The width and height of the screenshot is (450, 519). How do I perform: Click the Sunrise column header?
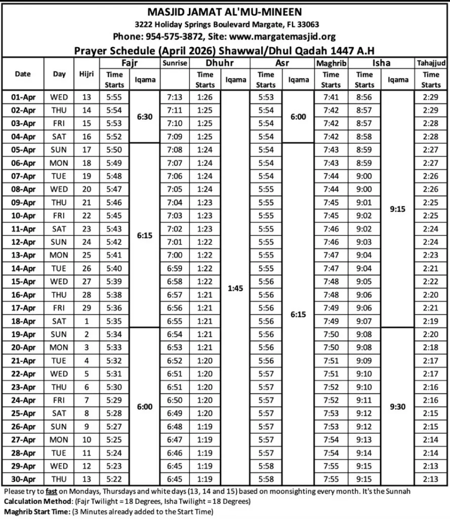tap(175, 63)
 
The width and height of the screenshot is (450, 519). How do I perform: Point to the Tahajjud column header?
tap(431, 63)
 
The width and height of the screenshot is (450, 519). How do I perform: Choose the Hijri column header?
tap(87, 74)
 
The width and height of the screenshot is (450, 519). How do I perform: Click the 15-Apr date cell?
tap(22, 281)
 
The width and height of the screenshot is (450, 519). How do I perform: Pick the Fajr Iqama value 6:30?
tap(144, 117)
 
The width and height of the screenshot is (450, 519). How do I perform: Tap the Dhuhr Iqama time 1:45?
tap(235, 288)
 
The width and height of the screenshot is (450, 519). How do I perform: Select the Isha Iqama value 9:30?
tap(397, 406)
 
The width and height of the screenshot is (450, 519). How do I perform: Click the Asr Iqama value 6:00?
tap(297, 117)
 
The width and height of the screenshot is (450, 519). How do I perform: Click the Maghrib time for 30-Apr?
tap(331, 479)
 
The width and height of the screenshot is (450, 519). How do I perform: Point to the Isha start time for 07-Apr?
tap(364, 176)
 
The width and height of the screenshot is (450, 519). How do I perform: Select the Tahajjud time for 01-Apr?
tap(431, 97)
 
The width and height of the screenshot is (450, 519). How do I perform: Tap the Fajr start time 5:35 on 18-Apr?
tap(114, 321)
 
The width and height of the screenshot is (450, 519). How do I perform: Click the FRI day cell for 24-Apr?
tap(59, 400)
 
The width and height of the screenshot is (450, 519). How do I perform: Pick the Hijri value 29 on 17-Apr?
tap(87, 308)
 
